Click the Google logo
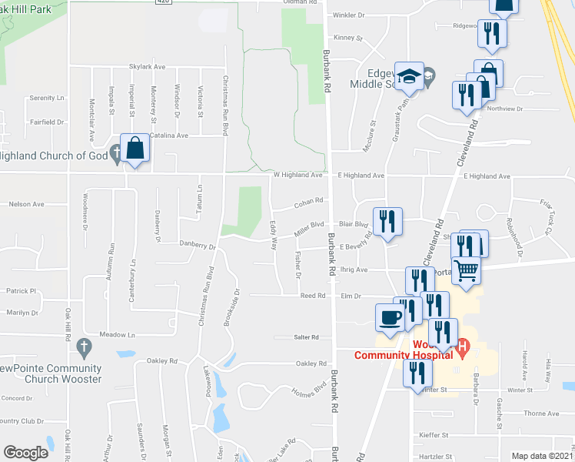[x=25, y=453]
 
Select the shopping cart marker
[x=467, y=271]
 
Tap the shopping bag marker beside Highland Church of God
[x=135, y=149]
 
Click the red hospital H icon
[x=462, y=348]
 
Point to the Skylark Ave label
[x=148, y=67]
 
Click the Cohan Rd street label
[x=306, y=204]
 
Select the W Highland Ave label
[x=298, y=176]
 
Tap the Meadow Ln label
[x=120, y=335]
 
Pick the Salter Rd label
[x=306, y=337]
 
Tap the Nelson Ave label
[x=27, y=204]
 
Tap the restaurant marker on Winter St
[x=417, y=375]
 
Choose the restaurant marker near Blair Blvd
[x=387, y=223]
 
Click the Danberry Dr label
[x=198, y=246]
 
